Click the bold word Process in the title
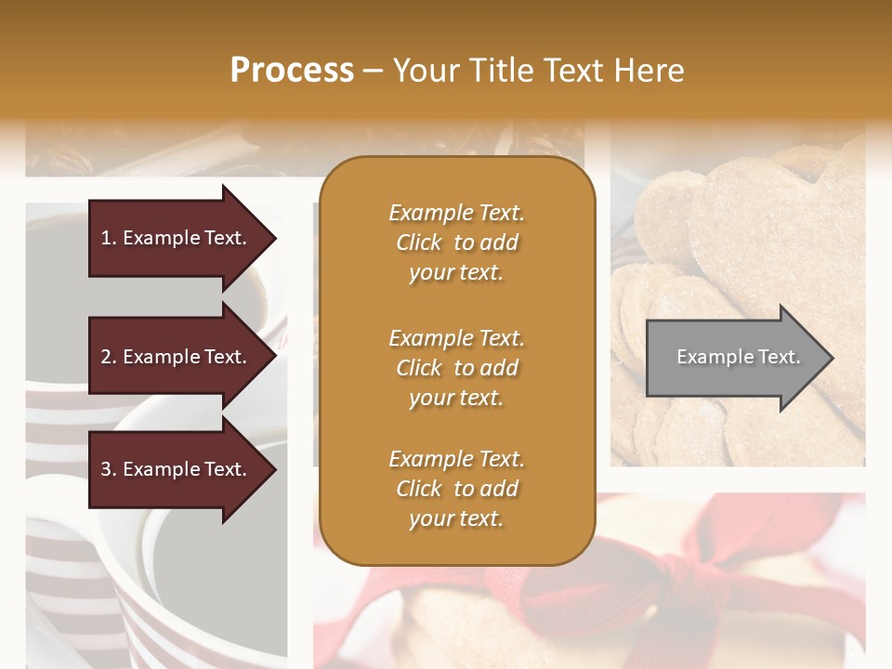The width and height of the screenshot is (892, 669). tap(292, 71)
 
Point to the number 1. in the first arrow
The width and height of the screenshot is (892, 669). tap(109, 238)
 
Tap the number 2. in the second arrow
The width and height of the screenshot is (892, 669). tap(109, 357)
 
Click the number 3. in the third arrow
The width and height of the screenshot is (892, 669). tap(109, 469)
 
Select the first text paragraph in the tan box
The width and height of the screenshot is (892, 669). tap(456, 243)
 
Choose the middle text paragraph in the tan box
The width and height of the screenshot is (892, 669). tap(456, 368)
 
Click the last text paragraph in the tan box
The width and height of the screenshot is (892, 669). tap(456, 489)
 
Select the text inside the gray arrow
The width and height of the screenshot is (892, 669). tap(738, 357)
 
